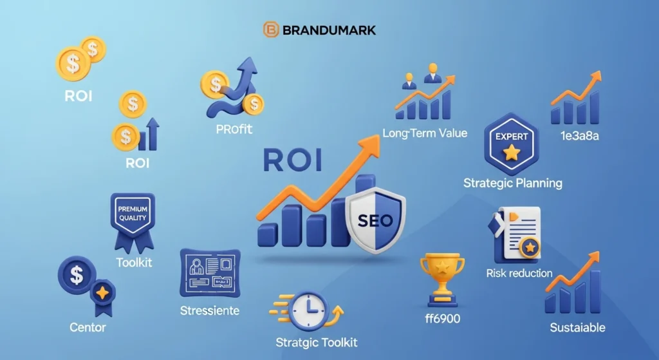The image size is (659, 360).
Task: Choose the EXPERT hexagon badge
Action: click(x=512, y=144)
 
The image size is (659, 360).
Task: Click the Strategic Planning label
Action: click(x=513, y=183)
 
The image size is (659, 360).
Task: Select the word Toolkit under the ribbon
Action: click(x=134, y=263)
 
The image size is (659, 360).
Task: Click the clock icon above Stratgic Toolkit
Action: click(x=307, y=312)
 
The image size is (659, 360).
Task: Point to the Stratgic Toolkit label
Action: click(x=315, y=342)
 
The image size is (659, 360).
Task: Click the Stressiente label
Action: click(x=210, y=310)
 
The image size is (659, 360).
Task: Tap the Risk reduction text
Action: click(x=519, y=273)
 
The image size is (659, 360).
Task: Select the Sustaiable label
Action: click(x=577, y=328)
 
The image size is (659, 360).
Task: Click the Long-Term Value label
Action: click(x=425, y=133)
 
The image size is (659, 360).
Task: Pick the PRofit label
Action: click(x=234, y=129)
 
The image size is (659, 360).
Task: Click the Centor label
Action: click(x=88, y=327)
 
